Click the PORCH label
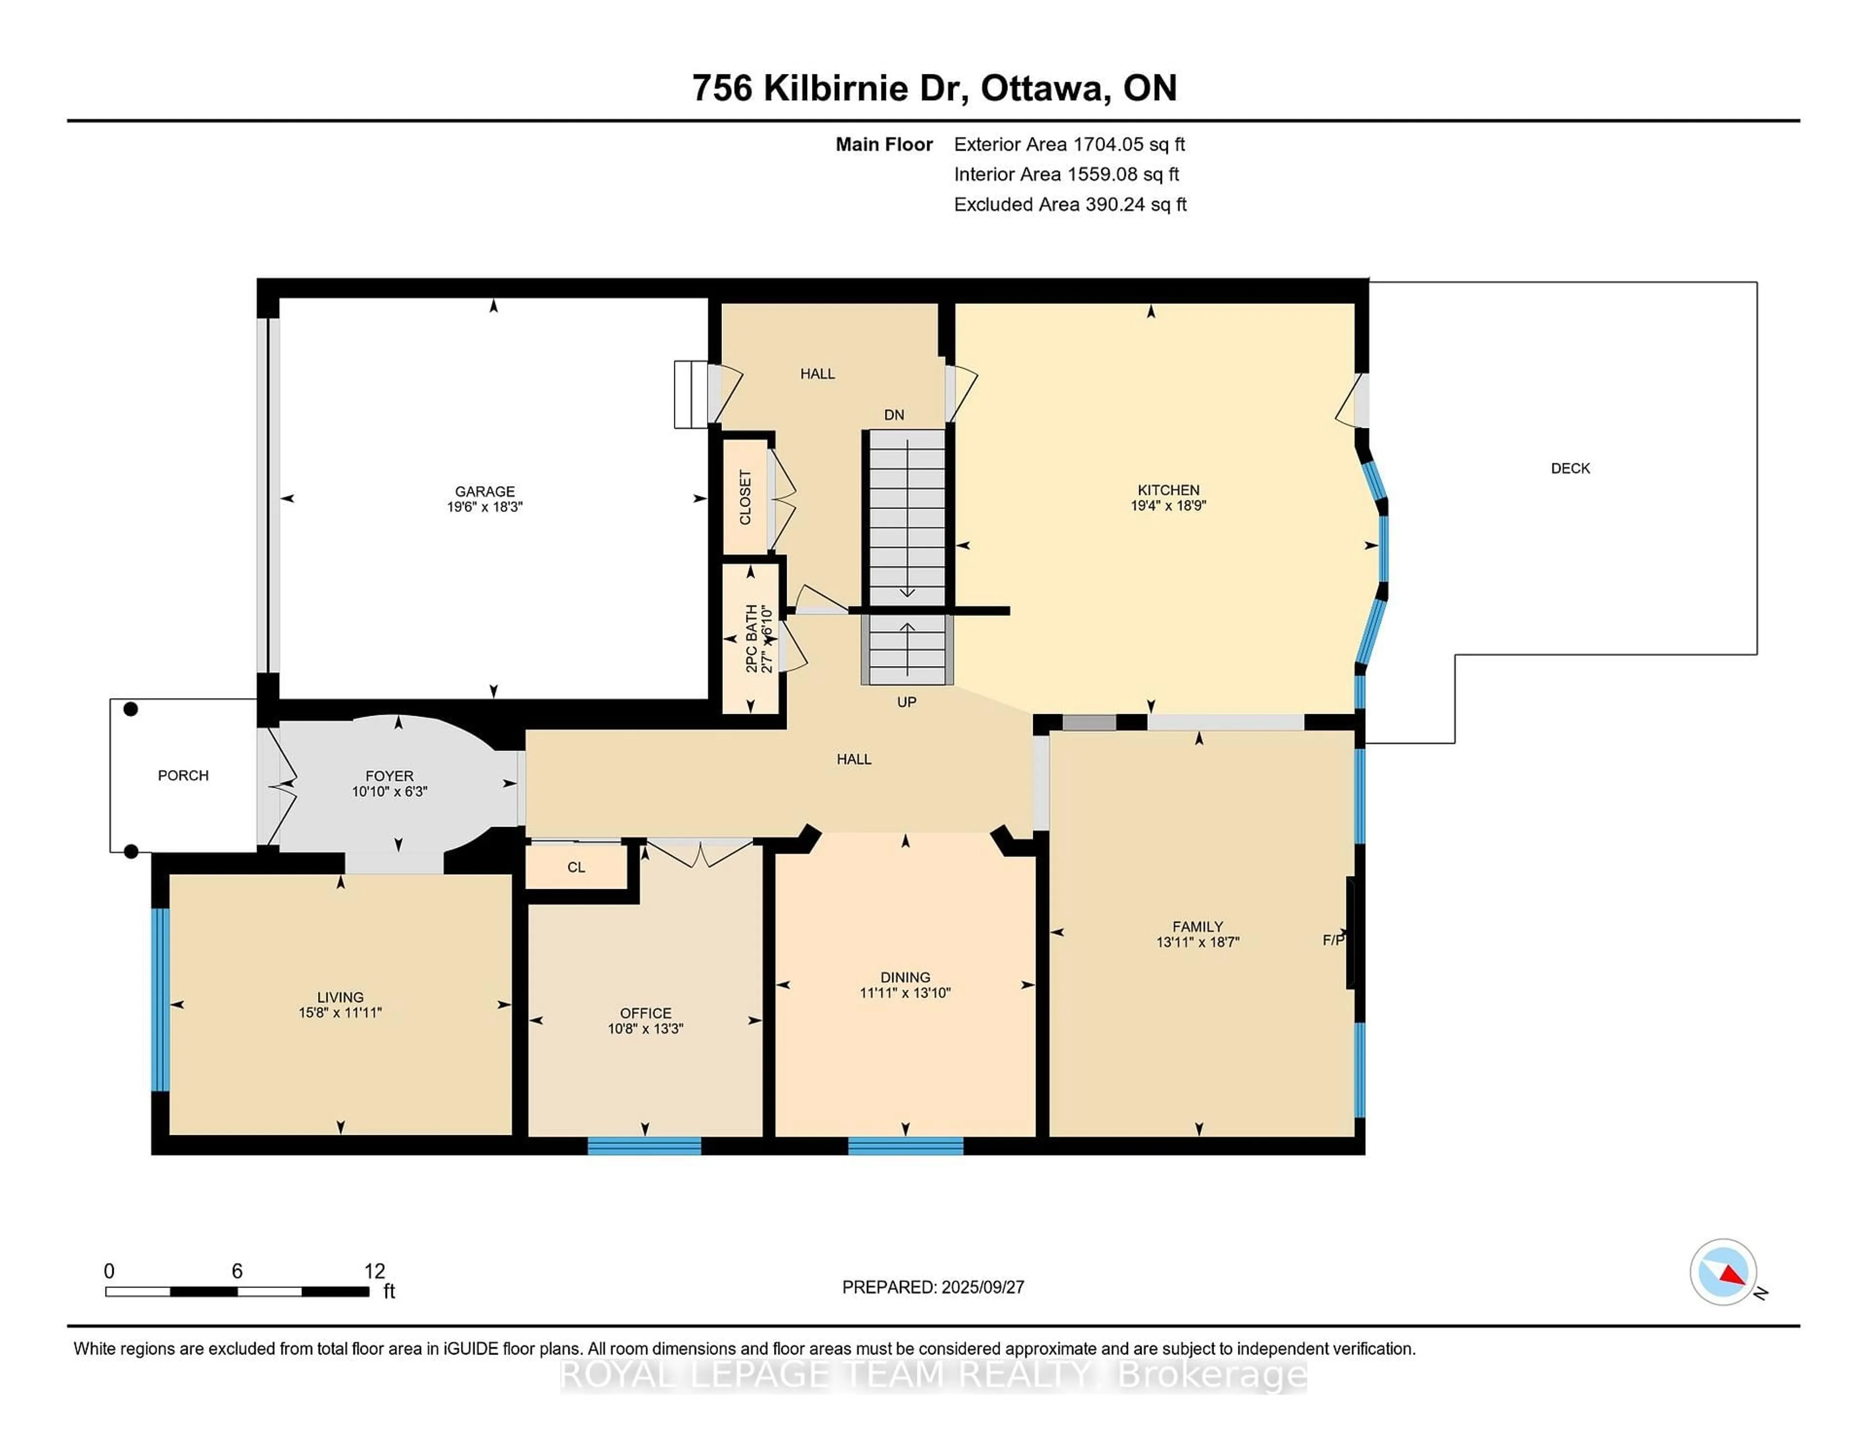click(x=183, y=775)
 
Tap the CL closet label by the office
click(x=576, y=867)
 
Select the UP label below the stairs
click(x=906, y=702)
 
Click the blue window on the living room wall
click(x=160, y=999)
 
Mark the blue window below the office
click(x=645, y=1145)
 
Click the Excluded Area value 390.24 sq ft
click(x=1135, y=204)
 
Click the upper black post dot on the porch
click(x=131, y=709)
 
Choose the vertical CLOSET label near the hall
click(x=744, y=497)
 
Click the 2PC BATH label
click(x=751, y=638)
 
